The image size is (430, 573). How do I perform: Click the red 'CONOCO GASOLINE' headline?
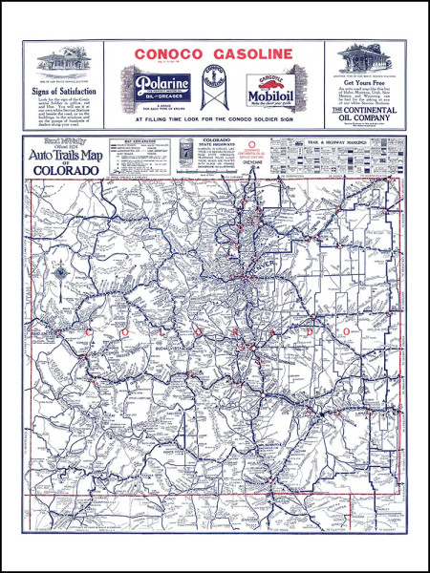(x=215, y=54)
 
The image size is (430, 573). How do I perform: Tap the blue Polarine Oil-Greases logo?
(x=161, y=87)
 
